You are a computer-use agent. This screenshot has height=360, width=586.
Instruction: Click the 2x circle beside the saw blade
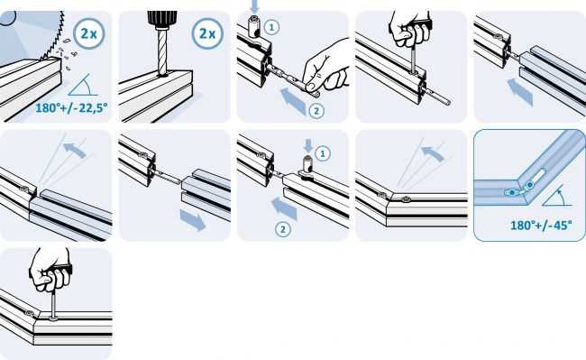[x=89, y=33]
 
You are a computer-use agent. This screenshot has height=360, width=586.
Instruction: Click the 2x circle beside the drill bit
[x=207, y=33]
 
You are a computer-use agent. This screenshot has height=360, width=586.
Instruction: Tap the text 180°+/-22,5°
[x=71, y=108]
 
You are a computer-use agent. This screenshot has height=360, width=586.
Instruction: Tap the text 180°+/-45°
[x=541, y=226]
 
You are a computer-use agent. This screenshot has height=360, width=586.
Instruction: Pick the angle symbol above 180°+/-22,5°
[x=83, y=85]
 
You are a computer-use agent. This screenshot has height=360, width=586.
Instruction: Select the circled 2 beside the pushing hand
[x=316, y=111]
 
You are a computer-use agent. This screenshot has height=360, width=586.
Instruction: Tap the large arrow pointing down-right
[x=193, y=220]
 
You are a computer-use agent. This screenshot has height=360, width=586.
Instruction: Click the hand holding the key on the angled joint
[x=50, y=269]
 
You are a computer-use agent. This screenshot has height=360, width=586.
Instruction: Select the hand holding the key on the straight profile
[x=409, y=30]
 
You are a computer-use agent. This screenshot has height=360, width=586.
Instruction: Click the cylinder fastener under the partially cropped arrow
[x=254, y=27]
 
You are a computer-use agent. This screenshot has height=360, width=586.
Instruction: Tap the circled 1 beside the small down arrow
[x=323, y=153]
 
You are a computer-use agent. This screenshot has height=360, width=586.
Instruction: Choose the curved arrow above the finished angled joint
[x=433, y=153]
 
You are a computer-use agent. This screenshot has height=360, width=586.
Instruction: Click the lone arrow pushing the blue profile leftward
[x=520, y=92]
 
